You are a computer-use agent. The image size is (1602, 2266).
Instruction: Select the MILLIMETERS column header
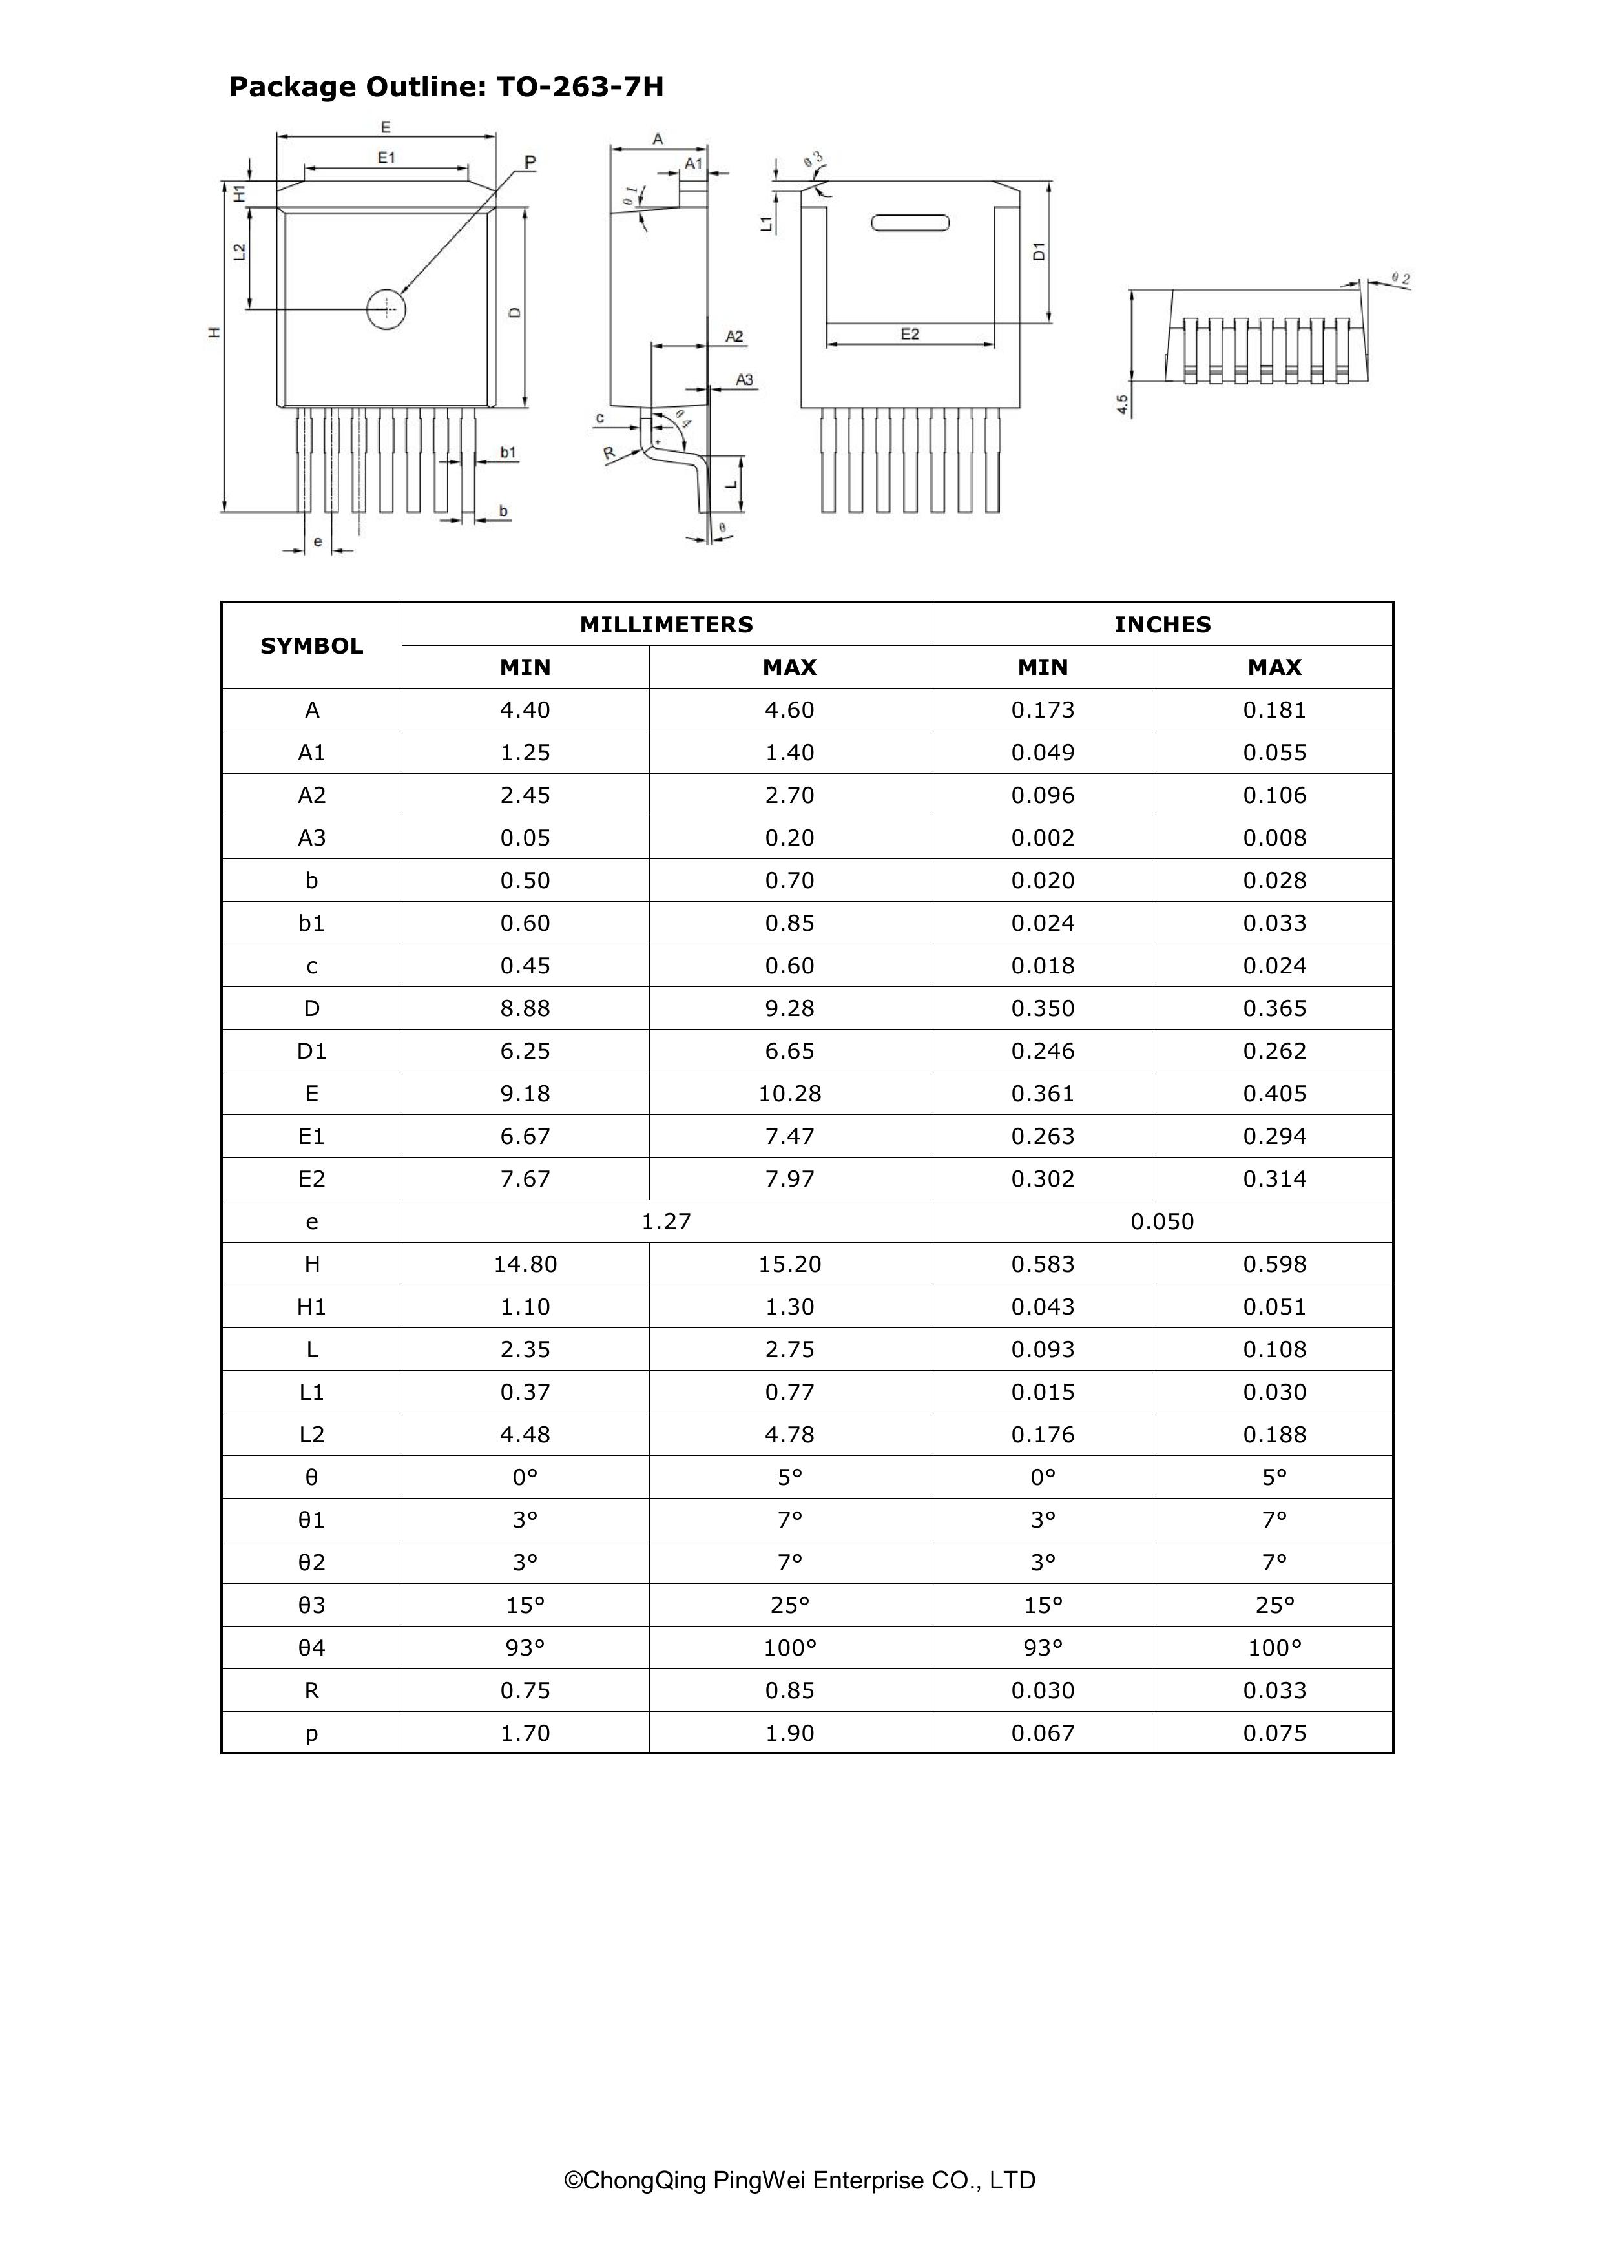tap(666, 625)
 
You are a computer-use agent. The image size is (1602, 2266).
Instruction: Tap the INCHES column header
tap(1161, 625)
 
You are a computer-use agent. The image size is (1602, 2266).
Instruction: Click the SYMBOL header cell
tap(312, 645)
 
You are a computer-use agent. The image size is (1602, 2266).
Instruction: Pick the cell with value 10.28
tap(789, 1094)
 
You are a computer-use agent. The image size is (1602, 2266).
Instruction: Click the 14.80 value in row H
tap(525, 1264)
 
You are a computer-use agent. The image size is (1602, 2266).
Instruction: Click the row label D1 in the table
tap(312, 1051)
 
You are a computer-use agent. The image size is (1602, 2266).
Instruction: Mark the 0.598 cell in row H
tap(1274, 1264)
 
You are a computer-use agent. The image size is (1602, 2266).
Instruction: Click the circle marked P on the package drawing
tap(386, 309)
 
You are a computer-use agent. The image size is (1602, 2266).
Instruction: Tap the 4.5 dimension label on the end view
tap(1122, 404)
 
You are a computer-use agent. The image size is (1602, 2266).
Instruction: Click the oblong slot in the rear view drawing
tap(910, 222)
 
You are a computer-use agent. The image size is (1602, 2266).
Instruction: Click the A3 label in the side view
tap(745, 380)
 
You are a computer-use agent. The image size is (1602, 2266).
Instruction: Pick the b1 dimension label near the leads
tap(507, 452)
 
